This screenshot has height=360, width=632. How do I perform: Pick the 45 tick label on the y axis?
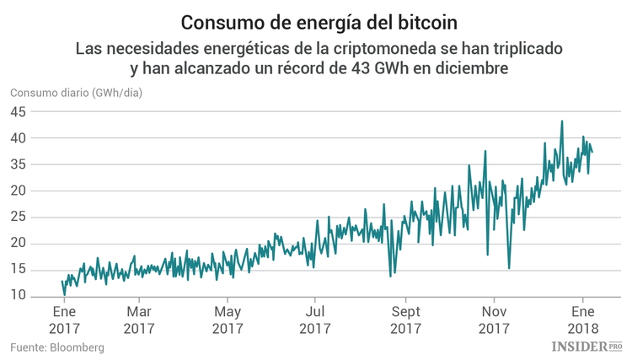[20, 111]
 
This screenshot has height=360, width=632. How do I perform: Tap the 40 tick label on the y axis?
[20, 137]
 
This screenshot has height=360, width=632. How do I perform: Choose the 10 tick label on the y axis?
[20, 296]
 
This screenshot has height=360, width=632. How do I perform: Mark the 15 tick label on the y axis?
[20, 270]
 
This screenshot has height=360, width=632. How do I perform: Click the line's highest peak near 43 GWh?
[562, 121]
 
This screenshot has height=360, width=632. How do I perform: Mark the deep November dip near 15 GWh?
[509, 268]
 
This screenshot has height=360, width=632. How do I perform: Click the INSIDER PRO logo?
[586, 346]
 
